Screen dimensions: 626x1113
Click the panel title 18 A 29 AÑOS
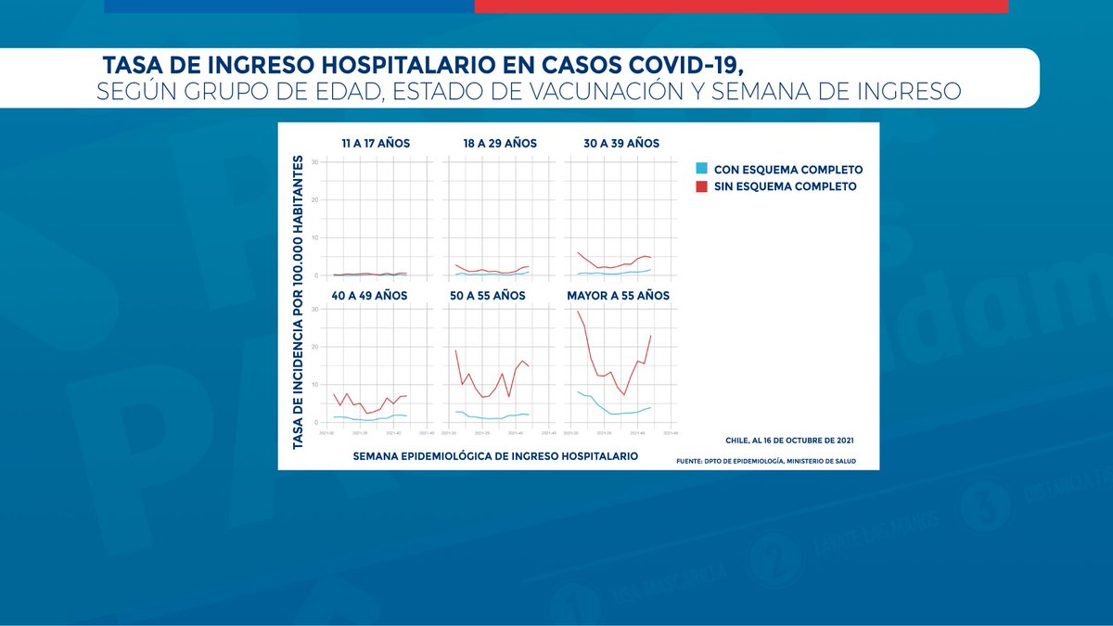point(500,144)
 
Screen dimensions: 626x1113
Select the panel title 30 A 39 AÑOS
point(621,144)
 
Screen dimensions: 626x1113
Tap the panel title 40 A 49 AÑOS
point(371,296)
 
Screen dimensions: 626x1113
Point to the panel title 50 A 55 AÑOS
point(489,296)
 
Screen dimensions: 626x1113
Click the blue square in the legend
point(702,170)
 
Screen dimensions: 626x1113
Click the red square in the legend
point(702,186)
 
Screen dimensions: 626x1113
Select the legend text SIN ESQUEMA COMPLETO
point(785,186)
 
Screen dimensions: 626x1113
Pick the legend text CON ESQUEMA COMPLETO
point(788,170)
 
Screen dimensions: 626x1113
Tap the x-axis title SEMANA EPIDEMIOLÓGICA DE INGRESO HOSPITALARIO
point(495,456)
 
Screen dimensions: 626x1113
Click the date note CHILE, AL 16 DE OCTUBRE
point(789,440)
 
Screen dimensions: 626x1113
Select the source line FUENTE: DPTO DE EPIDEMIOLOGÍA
point(766,461)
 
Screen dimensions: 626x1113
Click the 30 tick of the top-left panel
point(315,162)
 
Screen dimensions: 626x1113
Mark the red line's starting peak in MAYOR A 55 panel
point(578,311)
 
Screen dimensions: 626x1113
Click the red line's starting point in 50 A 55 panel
point(455,350)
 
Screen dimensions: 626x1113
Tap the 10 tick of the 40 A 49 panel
point(315,384)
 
